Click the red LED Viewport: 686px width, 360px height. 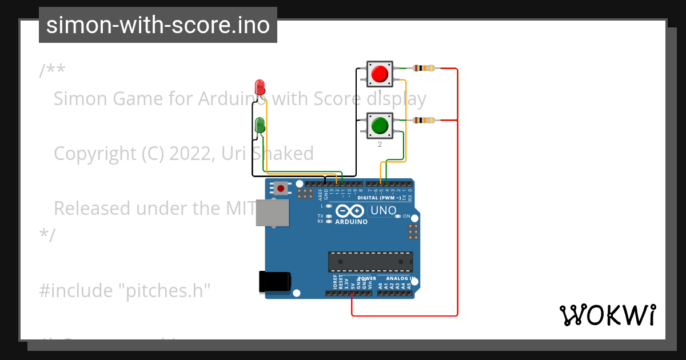(260, 87)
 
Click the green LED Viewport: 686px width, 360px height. (260, 125)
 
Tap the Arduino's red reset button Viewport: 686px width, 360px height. (281, 188)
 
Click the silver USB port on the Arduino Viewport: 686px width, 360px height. (272, 213)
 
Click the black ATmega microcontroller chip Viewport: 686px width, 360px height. (370, 262)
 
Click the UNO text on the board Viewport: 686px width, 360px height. (383, 210)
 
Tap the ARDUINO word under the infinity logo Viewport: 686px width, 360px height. (351, 222)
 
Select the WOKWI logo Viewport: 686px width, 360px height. (607, 315)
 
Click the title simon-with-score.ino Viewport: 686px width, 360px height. (158, 25)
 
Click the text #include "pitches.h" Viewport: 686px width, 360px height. (125, 290)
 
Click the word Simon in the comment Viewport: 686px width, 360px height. (80, 99)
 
